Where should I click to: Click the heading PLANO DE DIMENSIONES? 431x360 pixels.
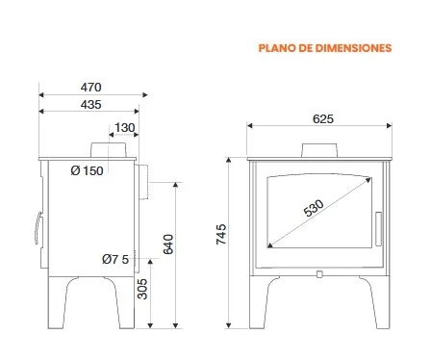(x=325, y=48)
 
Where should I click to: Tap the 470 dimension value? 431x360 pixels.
(x=90, y=88)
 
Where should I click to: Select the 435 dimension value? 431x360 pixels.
(x=90, y=105)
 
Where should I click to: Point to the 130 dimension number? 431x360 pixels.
(x=125, y=128)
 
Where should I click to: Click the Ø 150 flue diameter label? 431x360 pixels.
(x=87, y=170)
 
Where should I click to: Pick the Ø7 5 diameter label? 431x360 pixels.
(x=115, y=259)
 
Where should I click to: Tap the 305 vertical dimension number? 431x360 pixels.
(x=142, y=289)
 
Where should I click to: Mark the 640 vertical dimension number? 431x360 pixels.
(x=168, y=244)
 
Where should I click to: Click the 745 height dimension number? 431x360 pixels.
(x=221, y=235)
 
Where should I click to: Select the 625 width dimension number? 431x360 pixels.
(x=323, y=119)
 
